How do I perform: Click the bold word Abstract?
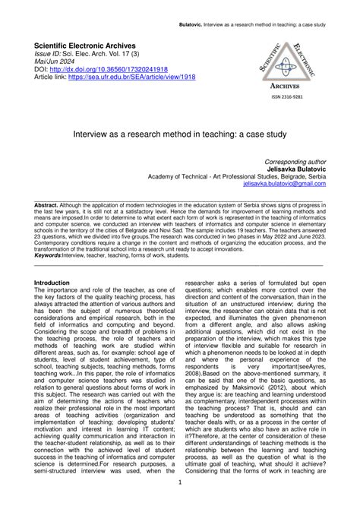pyautogui.click(x=49, y=205)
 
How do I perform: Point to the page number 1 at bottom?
pyautogui.click(x=179, y=483)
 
